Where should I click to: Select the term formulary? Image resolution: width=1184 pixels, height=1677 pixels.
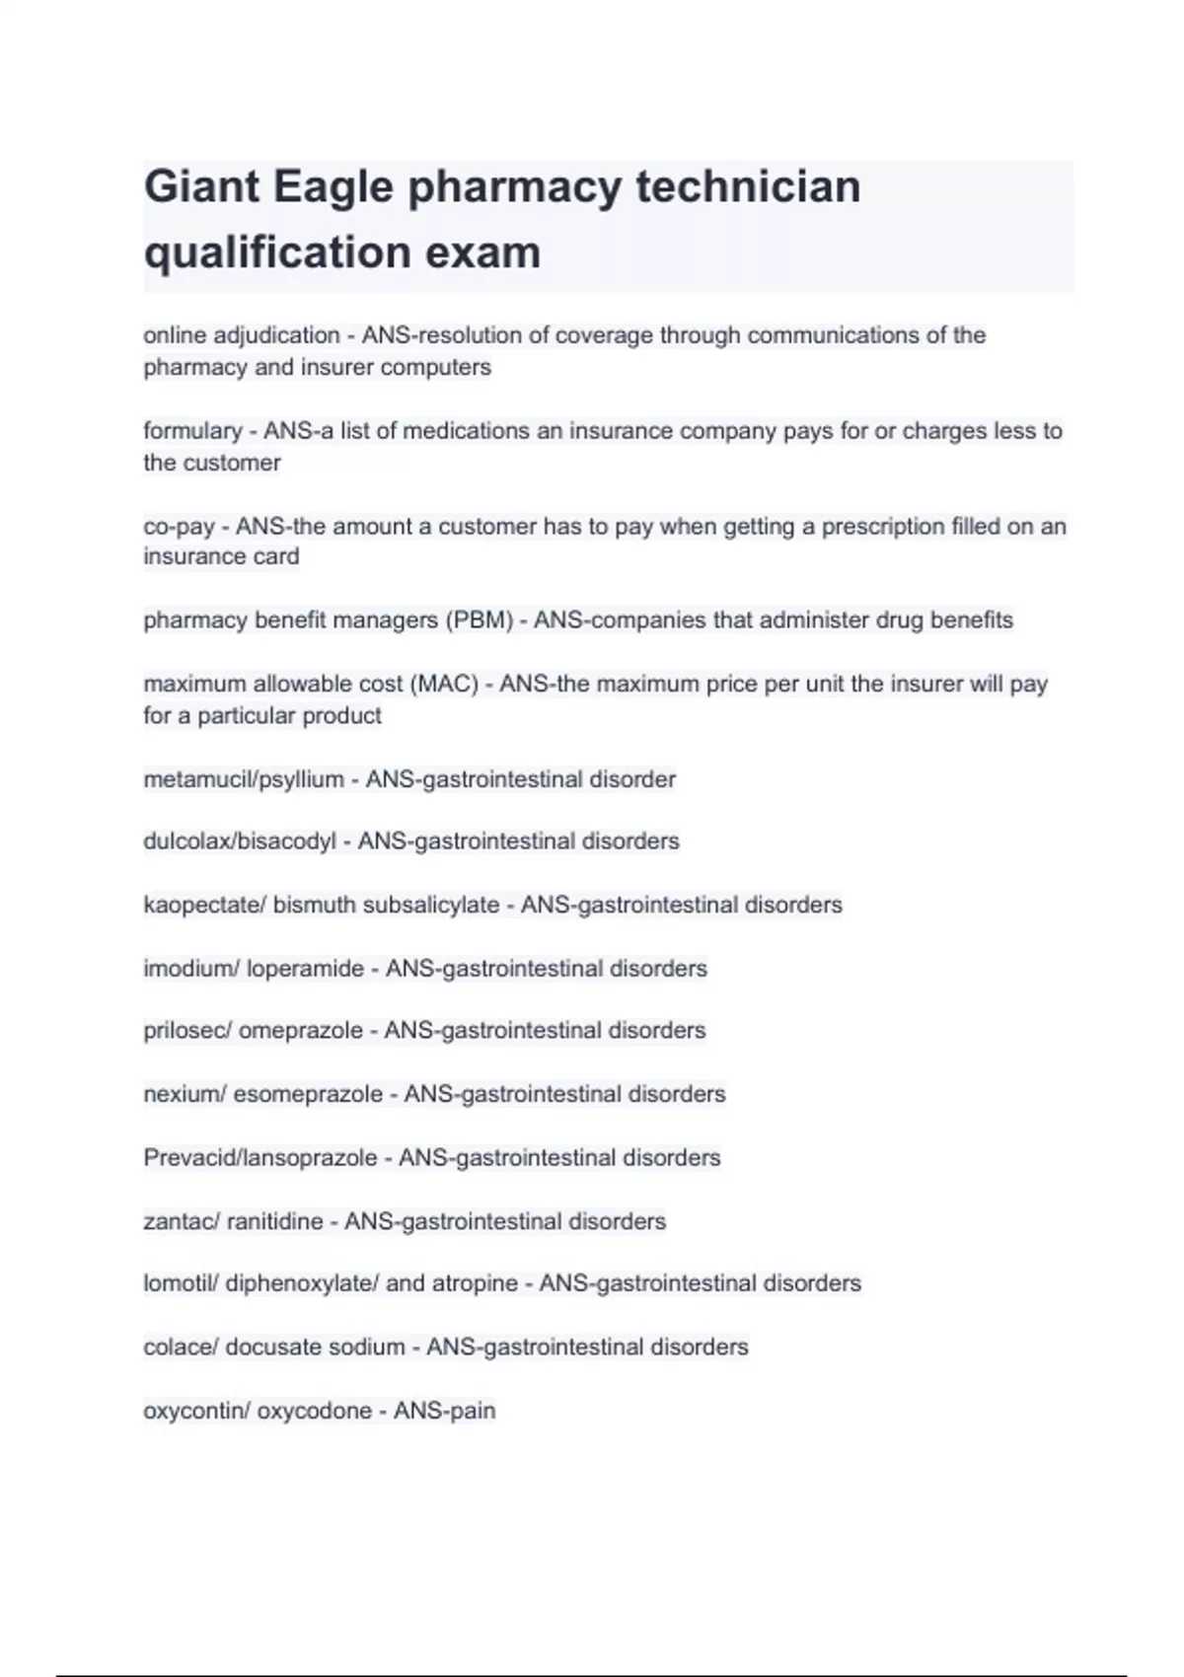pos(192,431)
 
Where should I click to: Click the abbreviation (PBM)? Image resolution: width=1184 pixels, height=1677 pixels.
pos(479,620)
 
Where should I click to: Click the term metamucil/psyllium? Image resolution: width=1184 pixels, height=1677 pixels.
pos(244,779)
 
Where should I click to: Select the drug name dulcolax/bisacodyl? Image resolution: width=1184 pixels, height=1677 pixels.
pos(240,841)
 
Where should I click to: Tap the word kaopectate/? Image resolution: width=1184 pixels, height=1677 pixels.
pos(204,905)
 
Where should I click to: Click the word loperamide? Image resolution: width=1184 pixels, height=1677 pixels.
pos(305,969)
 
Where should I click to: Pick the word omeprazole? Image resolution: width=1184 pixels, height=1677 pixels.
pos(301,1031)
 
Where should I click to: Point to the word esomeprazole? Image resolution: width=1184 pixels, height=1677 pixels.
pos(308,1094)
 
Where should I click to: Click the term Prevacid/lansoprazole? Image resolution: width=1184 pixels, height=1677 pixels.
pos(260,1157)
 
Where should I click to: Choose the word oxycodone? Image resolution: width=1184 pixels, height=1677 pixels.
pos(315,1411)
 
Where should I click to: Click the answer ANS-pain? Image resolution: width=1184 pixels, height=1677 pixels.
pos(444,1411)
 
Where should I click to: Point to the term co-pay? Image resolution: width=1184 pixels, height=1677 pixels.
pos(179,527)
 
